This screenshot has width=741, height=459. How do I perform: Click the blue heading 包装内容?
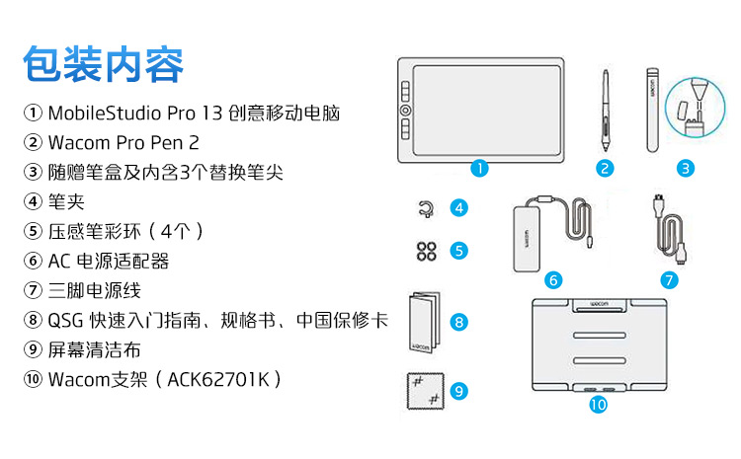click(x=104, y=64)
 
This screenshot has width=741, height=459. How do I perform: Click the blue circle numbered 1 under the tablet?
click(x=479, y=168)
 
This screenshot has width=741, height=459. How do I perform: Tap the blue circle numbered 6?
click(x=553, y=280)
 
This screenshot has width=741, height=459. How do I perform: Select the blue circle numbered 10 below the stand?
click(x=598, y=405)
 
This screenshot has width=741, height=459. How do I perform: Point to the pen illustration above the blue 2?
click(x=606, y=111)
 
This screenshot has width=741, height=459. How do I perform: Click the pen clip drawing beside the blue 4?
click(x=426, y=208)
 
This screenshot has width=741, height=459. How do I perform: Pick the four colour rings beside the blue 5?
click(x=426, y=251)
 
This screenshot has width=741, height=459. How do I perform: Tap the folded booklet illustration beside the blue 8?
click(x=425, y=322)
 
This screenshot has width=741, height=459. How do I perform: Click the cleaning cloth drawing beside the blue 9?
click(x=425, y=391)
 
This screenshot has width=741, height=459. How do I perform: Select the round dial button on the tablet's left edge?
click(x=405, y=111)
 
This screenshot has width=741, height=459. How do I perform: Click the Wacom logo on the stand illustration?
click(x=600, y=304)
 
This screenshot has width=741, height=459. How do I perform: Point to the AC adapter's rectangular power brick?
click(x=527, y=239)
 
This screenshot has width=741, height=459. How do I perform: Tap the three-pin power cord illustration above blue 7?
click(x=669, y=228)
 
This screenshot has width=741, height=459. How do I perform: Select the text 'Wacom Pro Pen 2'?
click(x=123, y=142)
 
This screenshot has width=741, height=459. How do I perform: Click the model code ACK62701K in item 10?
click(x=218, y=379)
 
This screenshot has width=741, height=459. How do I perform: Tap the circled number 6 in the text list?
click(x=33, y=261)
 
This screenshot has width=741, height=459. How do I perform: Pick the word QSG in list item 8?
click(x=65, y=320)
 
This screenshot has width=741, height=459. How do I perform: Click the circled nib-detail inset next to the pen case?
click(x=695, y=108)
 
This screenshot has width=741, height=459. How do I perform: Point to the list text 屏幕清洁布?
click(x=95, y=349)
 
